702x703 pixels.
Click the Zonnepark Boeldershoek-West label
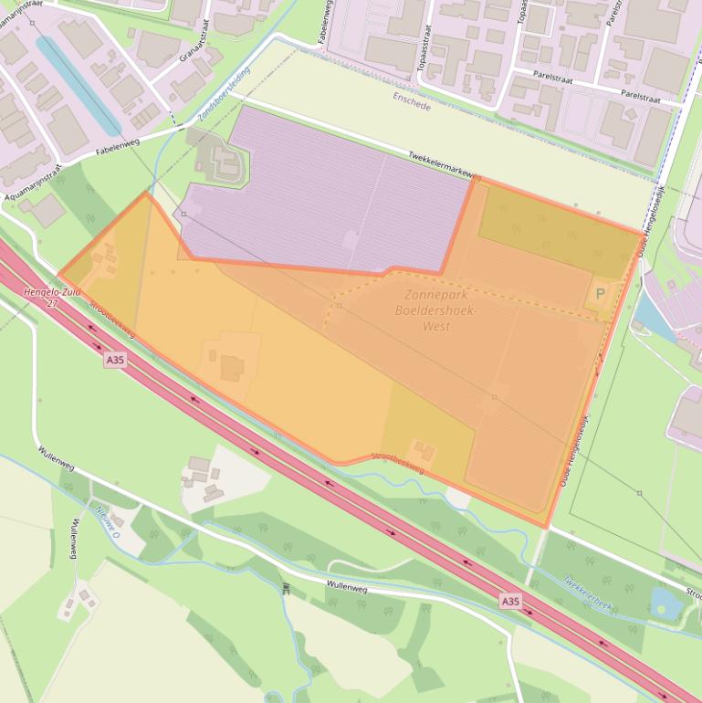436,310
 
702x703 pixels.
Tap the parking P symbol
600,294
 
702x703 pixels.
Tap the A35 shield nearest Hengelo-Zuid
115,361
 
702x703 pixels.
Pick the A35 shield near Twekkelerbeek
510,601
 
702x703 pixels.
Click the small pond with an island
666,602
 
